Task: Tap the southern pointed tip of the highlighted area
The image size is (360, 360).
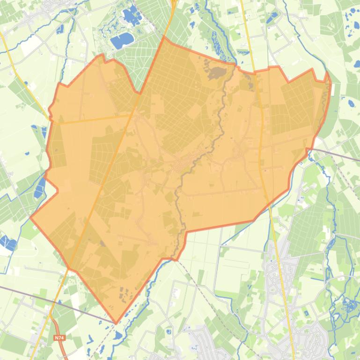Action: pyautogui.click(x=117, y=323)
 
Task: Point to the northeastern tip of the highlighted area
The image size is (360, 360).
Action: pyautogui.click(x=327, y=73)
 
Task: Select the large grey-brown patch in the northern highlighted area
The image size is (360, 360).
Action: pyautogui.click(x=216, y=73)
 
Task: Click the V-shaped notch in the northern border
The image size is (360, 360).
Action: pyautogui.click(x=140, y=93)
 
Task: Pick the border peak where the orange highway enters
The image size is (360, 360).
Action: pyautogui.click(x=163, y=37)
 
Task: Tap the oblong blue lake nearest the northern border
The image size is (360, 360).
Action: pyautogui.click(x=121, y=41)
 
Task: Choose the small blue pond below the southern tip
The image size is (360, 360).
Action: pyautogui.click(x=118, y=335)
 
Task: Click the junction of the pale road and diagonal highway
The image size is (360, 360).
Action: pyautogui.click(x=130, y=115)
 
